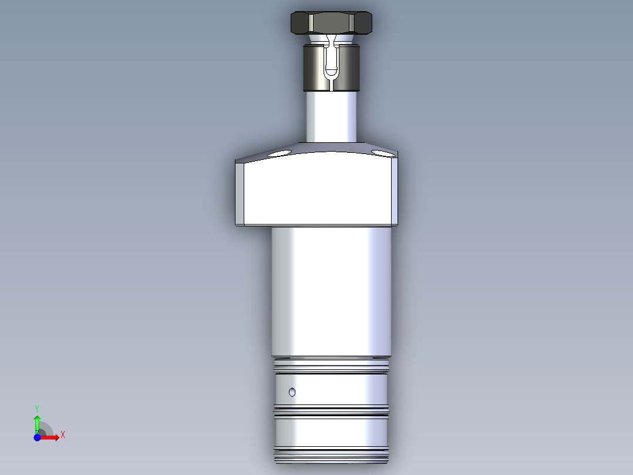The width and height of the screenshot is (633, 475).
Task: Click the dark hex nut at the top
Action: tap(332, 24)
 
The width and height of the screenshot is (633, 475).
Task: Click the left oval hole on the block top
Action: tap(280, 153)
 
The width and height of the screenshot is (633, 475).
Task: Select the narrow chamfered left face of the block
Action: tap(240, 194)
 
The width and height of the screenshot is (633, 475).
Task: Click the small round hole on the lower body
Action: tap(292, 392)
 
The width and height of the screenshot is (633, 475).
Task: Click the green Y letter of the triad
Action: tap(37, 407)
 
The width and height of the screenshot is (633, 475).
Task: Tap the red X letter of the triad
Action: tap(62, 435)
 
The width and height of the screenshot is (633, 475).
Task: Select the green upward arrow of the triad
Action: tap(37, 422)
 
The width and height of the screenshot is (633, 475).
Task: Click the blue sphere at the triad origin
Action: tap(37, 437)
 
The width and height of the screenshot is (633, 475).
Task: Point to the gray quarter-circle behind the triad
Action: tap(46, 429)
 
